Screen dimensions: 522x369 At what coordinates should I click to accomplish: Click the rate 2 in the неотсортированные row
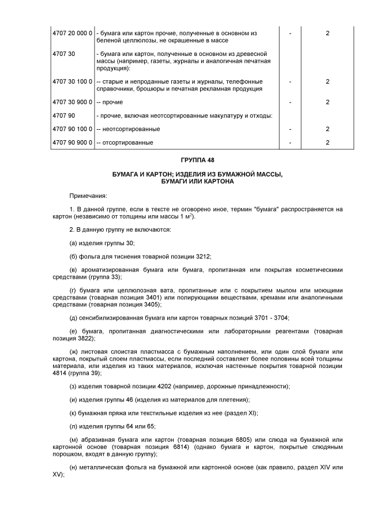point(327,129)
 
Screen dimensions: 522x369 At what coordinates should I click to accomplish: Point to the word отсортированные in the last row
point(126,142)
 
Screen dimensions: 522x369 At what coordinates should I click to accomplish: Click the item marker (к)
point(73,413)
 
